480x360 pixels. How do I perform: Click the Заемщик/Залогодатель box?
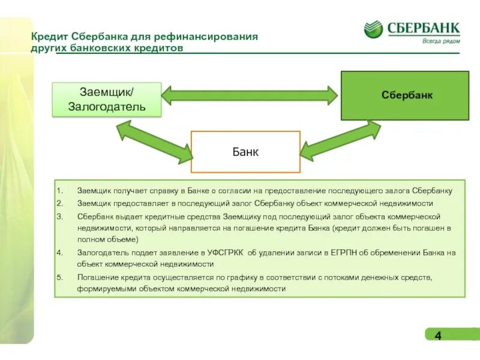(x=107, y=100)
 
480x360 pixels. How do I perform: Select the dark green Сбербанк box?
(x=405, y=95)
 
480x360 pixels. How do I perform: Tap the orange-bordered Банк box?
(x=245, y=152)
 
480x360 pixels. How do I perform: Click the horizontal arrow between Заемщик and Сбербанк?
(x=250, y=94)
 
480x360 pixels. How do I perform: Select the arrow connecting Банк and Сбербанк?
(x=340, y=142)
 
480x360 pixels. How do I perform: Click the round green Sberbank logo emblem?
(x=373, y=29)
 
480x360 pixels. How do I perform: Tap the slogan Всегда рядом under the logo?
(x=441, y=41)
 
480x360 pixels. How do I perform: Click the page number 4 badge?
(x=438, y=335)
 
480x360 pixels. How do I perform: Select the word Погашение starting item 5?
(x=98, y=277)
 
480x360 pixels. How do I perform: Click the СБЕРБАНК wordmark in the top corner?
(x=423, y=27)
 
